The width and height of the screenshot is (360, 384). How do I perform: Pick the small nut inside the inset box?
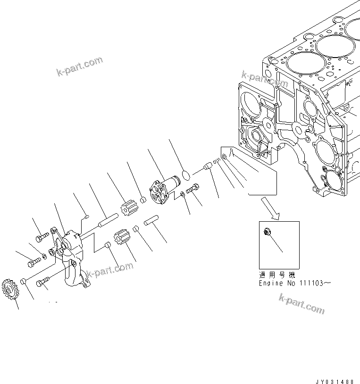[267, 231]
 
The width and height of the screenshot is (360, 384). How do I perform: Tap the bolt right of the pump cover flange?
[193, 191]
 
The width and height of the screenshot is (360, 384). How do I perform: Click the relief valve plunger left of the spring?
[206, 167]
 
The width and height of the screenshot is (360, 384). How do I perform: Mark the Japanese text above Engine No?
[276, 274]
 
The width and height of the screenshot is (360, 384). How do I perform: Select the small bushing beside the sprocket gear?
[22, 282]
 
